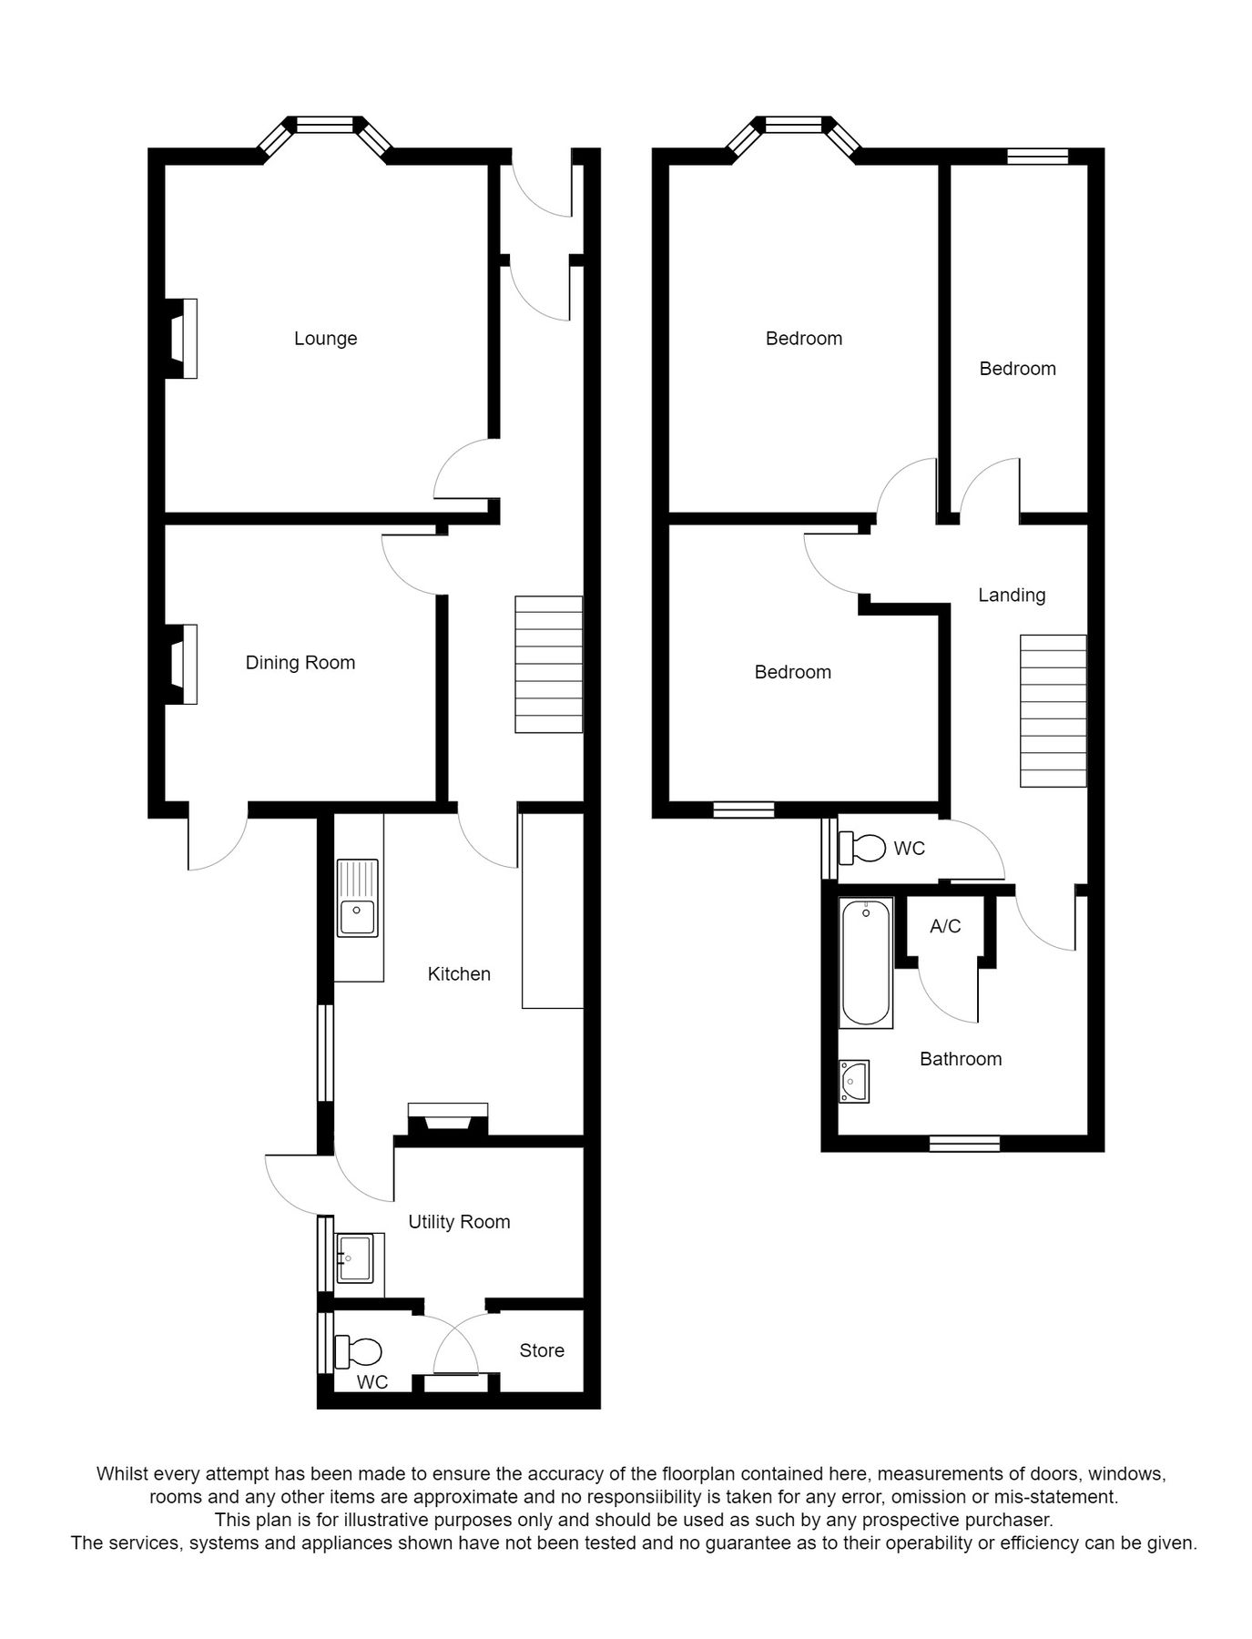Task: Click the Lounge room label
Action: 325,339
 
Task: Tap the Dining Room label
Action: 300,663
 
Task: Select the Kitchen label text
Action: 459,974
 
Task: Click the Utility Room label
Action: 459,1222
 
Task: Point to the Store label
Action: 542,1350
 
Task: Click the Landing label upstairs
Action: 1012,596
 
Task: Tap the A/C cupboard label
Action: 945,926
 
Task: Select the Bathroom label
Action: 961,1059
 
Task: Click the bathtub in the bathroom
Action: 865,962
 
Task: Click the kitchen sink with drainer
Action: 358,899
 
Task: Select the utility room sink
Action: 355,1258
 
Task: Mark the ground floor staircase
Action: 548,665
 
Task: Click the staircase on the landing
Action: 1053,710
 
